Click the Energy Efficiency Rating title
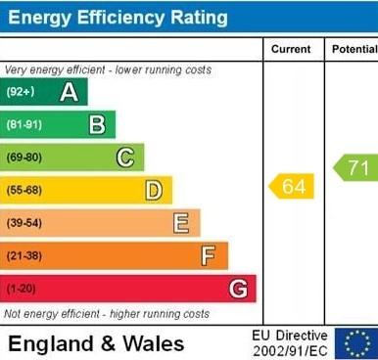click(x=117, y=18)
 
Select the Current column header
click(x=291, y=49)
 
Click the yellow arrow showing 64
click(x=292, y=186)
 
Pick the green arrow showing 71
click(x=355, y=167)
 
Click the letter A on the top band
click(x=69, y=92)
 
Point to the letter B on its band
click(x=97, y=124)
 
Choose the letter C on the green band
click(x=125, y=157)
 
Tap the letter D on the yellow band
click(x=154, y=190)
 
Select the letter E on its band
click(x=181, y=223)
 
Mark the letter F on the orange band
click(x=209, y=256)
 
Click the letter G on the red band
click(x=237, y=289)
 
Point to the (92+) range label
click(x=21, y=92)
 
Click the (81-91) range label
click(x=24, y=124)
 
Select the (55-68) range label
click(x=24, y=190)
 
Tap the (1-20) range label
click(x=21, y=289)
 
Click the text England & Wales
click(x=96, y=343)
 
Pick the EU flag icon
click(x=356, y=343)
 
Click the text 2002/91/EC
click(x=290, y=351)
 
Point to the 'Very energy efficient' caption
click(x=108, y=70)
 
